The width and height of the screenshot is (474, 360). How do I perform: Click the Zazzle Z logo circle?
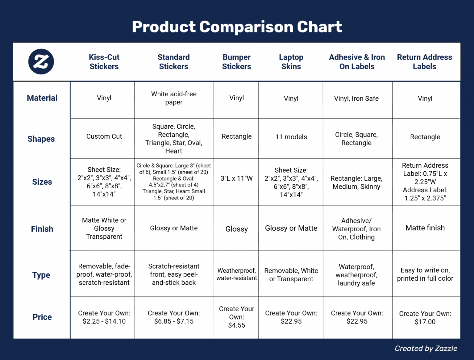pyautogui.click(x=41, y=61)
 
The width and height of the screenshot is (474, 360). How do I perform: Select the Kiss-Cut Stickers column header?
pyautogui.click(x=104, y=62)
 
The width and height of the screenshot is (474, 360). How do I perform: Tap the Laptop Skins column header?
pyautogui.click(x=291, y=62)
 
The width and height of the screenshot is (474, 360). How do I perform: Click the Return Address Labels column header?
pyautogui.click(x=424, y=62)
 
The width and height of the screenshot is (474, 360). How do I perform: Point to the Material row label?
pyautogui.click(x=42, y=98)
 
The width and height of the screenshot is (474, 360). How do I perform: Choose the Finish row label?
pyautogui.click(x=42, y=229)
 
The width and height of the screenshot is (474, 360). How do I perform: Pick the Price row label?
pyautogui.click(x=42, y=317)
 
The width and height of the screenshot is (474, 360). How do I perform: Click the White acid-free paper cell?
pyautogui.click(x=174, y=98)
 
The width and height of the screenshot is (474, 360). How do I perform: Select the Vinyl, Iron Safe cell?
pyautogui.click(x=356, y=98)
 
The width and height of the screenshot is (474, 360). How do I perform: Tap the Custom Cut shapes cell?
pyautogui.click(x=104, y=136)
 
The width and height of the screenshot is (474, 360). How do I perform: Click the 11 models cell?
pyautogui.click(x=291, y=137)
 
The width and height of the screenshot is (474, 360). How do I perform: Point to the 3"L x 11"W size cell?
pyautogui.click(x=236, y=178)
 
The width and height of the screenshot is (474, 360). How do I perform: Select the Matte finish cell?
pyautogui.click(x=425, y=228)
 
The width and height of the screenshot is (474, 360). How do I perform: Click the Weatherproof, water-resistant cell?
pyautogui.click(x=236, y=274)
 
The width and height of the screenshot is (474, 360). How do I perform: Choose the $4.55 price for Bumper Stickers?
pyautogui.click(x=236, y=325)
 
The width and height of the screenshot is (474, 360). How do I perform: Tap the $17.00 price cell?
pyautogui.click(x=425, y=322)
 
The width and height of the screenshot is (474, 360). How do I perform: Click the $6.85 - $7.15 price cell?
pyautogui.click(x=174, y=321)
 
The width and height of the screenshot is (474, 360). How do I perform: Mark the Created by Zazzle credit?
pyautogui.click(x=426, y=349)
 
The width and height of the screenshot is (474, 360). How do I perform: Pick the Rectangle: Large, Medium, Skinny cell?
pyautogui.click(x=356, y=182)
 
